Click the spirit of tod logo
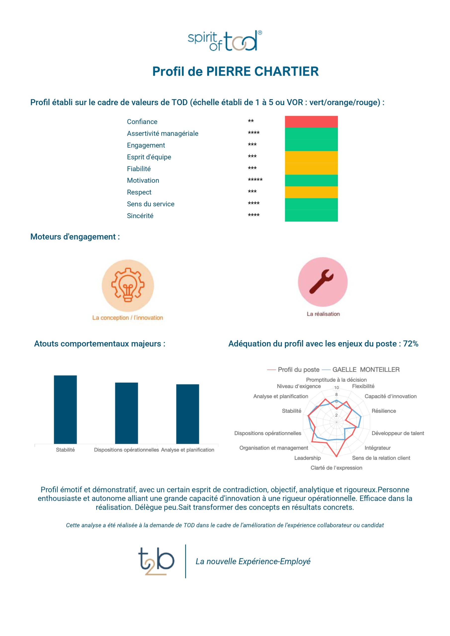225,41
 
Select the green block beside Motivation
311,180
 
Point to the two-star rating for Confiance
251,121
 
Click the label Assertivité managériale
163,133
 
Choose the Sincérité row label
140,216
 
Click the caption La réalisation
323,314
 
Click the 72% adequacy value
411,344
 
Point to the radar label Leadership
307,458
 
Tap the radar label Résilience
384,411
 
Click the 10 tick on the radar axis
336,388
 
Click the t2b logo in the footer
156,561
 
